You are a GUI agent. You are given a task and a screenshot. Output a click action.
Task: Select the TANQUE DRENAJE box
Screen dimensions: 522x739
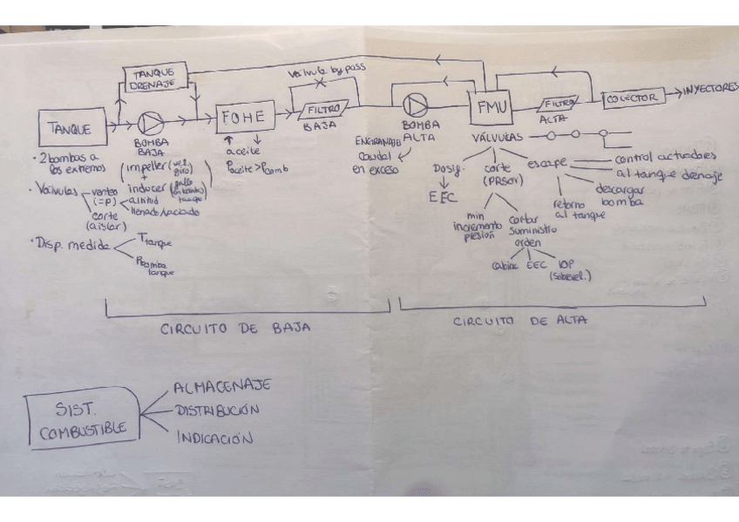point(155,77)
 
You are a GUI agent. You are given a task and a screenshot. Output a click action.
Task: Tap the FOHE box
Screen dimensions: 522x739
point(245,116)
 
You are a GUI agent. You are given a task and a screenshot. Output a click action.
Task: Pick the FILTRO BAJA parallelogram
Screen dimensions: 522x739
point(322,111)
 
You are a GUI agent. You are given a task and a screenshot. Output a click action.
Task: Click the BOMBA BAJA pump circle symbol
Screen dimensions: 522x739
point(152,123)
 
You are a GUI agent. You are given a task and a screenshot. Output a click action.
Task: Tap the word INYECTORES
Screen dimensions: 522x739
point(710,90)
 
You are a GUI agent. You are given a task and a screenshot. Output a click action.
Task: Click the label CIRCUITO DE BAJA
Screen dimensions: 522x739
point(235,329)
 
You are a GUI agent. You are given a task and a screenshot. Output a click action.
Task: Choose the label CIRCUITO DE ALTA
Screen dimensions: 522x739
point(519,321)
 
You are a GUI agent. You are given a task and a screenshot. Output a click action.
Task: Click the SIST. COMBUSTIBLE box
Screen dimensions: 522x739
point(84,418)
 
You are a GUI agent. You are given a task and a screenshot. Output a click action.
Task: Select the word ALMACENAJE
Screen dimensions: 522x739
point(221,385)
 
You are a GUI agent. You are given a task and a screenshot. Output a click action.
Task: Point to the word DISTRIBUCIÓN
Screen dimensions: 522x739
point(217,410)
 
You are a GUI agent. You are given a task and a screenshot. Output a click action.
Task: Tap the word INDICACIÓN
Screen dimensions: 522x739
point(214,437)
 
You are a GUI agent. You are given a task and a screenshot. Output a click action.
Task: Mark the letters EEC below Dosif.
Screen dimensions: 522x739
point(443,197)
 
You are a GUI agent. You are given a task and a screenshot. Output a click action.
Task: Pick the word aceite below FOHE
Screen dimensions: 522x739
point(242,152)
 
